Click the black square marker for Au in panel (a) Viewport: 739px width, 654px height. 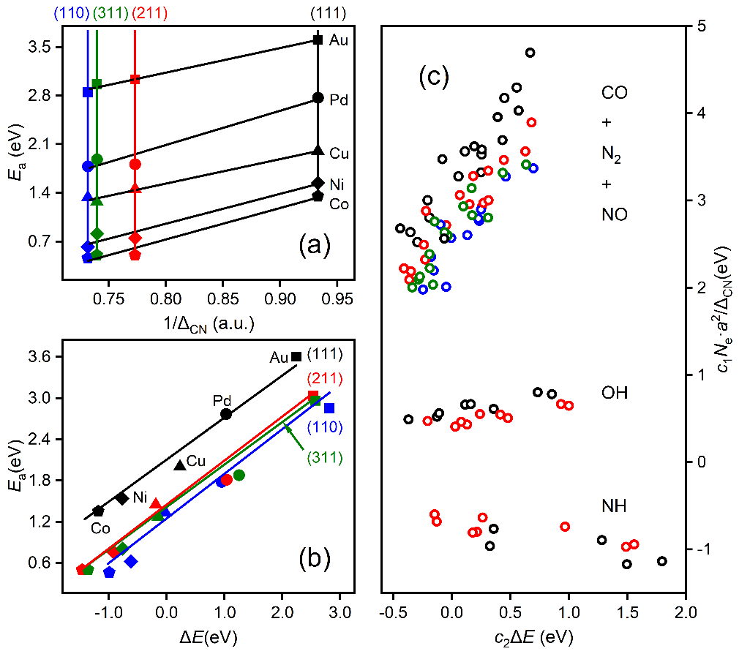318,40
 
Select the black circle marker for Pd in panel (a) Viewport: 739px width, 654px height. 318,97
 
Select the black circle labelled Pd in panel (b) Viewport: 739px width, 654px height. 226,414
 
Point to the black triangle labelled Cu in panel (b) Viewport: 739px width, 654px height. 180,465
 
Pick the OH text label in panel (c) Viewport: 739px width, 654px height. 615,394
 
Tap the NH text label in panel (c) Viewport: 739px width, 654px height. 615,506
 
